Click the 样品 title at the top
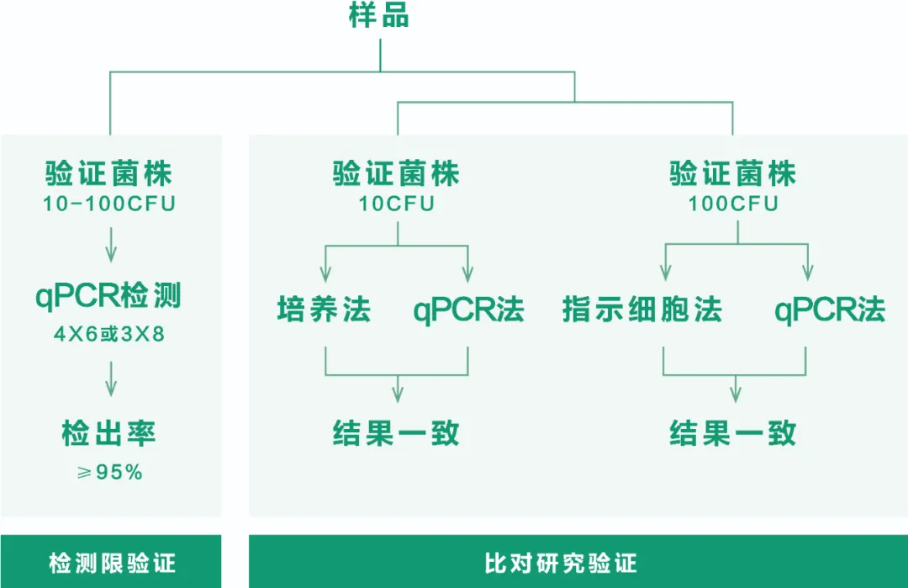coord(379,16)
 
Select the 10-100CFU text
coord(109,204)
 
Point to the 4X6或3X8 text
coord(109,334)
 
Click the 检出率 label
coord(109,434)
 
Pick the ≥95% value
coord(109,473)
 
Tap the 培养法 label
coord(325,310)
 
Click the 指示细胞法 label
coord(642,310)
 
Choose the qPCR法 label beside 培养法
coord(468,310)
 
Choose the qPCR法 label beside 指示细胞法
coord(830,310)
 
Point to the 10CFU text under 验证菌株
coord(397,204)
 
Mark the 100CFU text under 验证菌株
coord(733,204)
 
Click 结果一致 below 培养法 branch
coord(397,434)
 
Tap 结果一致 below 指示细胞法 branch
coord(733,434)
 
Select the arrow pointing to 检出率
coord(110,381)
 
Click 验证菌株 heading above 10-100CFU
coord(109,175)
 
